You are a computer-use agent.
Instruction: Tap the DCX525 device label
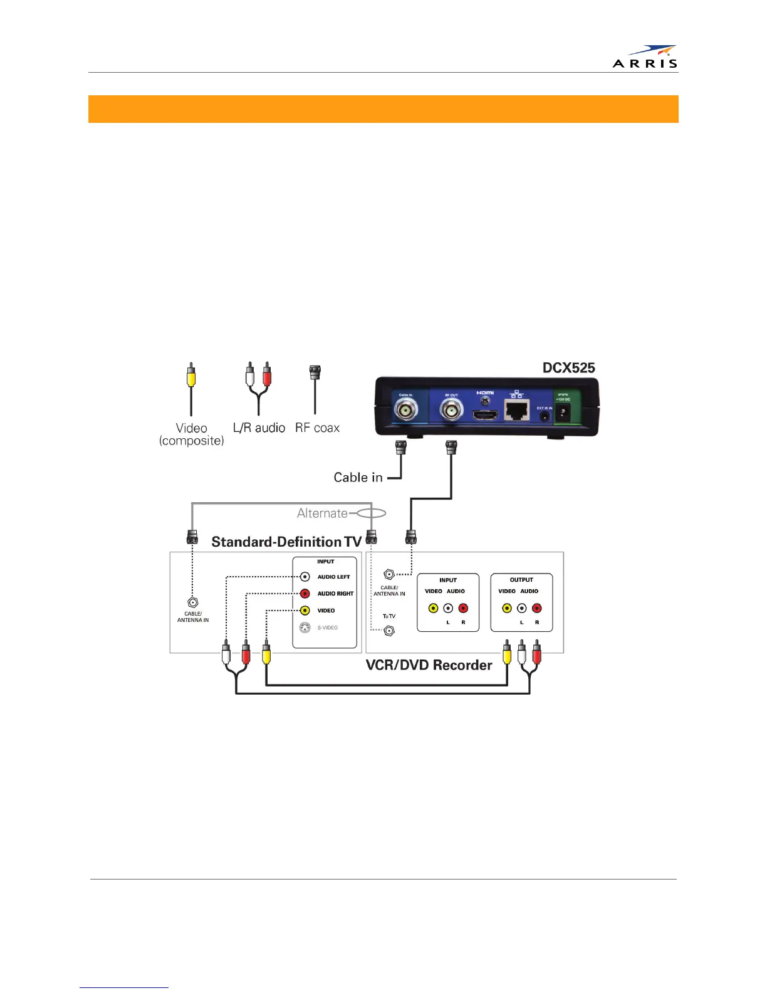click(568, 368)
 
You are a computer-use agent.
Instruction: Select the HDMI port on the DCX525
click(484, 415)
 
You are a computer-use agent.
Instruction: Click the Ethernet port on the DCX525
click(516, 411)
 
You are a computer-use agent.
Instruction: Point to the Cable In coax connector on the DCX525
click(405, 412)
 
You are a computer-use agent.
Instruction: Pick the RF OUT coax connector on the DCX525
click(451, 411)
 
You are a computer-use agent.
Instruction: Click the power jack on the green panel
click(563, 412)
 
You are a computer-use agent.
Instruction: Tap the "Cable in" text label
click(358, 478)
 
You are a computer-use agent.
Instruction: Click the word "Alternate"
click(322, 513)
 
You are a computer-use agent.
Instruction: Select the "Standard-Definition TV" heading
click(286, 542)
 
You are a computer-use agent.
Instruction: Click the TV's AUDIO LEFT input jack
click(305, 577)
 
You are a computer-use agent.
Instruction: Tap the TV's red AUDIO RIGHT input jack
click(305, 594)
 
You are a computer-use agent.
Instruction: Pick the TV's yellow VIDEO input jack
click(305, 611)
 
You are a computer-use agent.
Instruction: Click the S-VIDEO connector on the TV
click(305, 628)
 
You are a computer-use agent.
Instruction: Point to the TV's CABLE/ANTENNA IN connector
click(193, 602)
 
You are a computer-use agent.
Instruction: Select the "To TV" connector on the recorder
click(389, 631)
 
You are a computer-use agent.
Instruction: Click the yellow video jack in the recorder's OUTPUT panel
click(507, 608)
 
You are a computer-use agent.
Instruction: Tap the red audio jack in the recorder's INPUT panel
click(463, 608)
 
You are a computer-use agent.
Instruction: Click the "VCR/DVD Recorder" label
click(429, 665)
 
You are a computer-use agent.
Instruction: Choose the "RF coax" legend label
click(317, 428)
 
